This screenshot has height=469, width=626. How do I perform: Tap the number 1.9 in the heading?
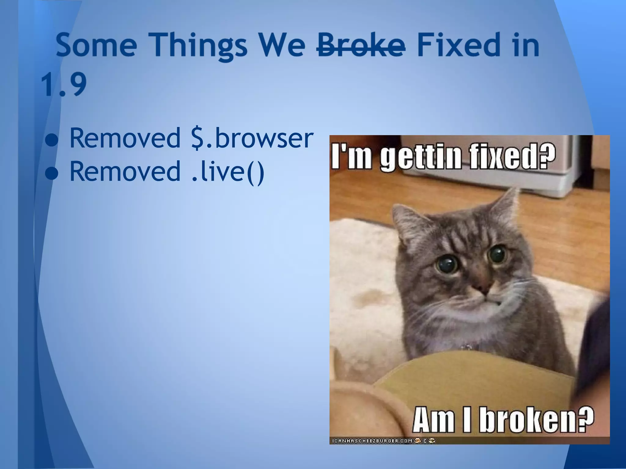(64, 84)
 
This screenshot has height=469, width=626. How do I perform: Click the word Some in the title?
(97, 46)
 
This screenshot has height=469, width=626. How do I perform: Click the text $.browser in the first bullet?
(252, 138)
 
